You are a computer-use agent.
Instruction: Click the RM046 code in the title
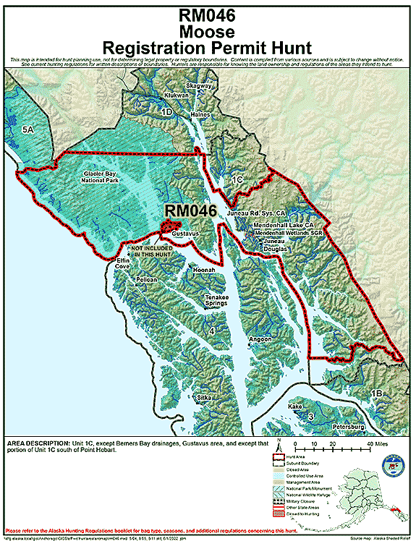pos(208,15)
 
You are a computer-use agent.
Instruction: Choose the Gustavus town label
pos(185,234)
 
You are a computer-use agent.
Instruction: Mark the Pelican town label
pos(146,278)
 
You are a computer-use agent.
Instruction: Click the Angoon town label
pos(260,338)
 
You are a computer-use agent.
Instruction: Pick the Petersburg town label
pos(351,427)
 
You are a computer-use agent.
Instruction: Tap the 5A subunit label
pos(28,129)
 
